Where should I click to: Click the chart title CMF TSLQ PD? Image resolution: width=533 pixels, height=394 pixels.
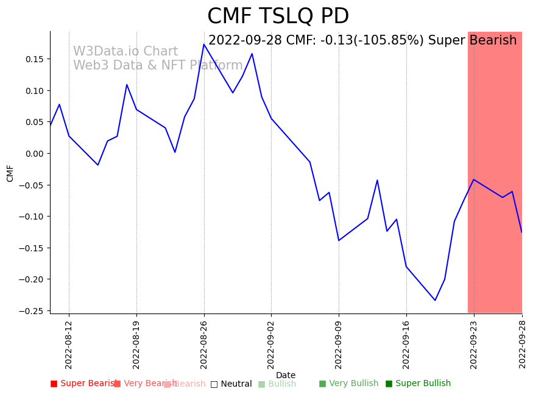click(x=278, y=16)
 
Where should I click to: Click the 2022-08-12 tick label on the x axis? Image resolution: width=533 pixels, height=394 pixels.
click(x=69, y=345)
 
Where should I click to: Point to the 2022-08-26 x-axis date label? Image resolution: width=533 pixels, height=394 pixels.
click(x=204, y=345)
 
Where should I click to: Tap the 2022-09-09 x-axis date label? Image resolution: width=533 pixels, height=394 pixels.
click(x=339, y=345)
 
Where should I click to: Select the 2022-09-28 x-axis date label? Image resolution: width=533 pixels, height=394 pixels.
click(x=522, y=345)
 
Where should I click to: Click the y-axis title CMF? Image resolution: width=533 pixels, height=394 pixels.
click(x=10, y=173)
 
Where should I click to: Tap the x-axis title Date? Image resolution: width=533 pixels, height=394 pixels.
click(x=286, y=376)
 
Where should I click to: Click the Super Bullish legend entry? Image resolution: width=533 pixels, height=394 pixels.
click(x=423, y=384)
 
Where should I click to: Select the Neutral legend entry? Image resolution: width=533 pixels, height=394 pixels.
click(x=236, y=384)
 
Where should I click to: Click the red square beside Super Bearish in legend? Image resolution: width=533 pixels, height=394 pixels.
click(x=54, y=384)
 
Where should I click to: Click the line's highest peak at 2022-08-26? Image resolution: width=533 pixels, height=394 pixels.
click(x=204, y=45)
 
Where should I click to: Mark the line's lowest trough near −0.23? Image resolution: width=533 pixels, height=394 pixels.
click(x=435, y=300)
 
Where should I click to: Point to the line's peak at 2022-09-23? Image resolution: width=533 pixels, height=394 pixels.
click(x=474, y=179)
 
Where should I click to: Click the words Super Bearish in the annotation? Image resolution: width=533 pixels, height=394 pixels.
click(x=472, y=41)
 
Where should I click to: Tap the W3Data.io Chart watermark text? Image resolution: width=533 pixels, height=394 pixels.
click(x=125, y=52)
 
